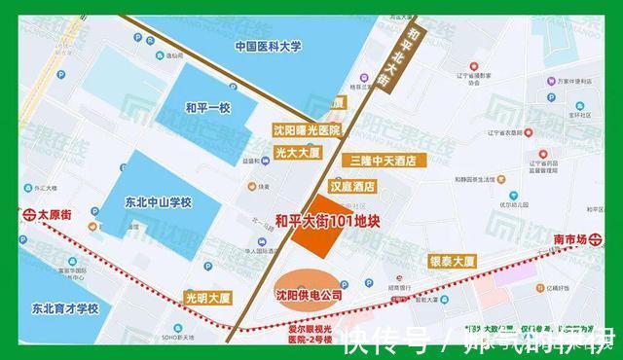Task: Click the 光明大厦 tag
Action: pos(206,294)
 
